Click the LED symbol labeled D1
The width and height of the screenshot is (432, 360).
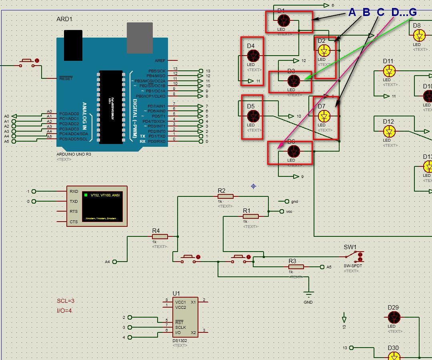pyautogui.click(x=284, y=20)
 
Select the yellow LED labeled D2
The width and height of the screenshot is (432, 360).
pyautogui.click(x=324, y=50)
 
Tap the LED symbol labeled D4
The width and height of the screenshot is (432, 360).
pyautogui.click(x=253, y=56)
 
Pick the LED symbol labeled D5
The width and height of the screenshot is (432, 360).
pyautogui.click(x=253, y=116)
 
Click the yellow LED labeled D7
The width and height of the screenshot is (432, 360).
pyautogui.click(x=324, y=116)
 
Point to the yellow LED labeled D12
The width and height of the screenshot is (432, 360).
pyautogui.click(x=389, y=131)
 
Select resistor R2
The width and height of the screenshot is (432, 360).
pyautogui.click(x=226, y=196)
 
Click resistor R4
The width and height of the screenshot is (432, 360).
pyautogui.click(x=160, y=237)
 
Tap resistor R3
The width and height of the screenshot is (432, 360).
pyautogui.click(x=296, y=267)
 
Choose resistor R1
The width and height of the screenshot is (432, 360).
pyautogui.click(x=251, y=216)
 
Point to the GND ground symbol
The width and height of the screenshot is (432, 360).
pyautogui.click(x=308, y=295)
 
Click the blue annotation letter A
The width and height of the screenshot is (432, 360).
pyautogui.click(x=352, y=12)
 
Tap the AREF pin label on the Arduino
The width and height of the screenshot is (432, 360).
pyautogui.click(x=160, y=61)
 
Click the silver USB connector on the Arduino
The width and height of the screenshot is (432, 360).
pyautogui.click(x=140, y=38)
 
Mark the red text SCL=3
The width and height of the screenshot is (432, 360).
pyautogui.click(x=66, y=301)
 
